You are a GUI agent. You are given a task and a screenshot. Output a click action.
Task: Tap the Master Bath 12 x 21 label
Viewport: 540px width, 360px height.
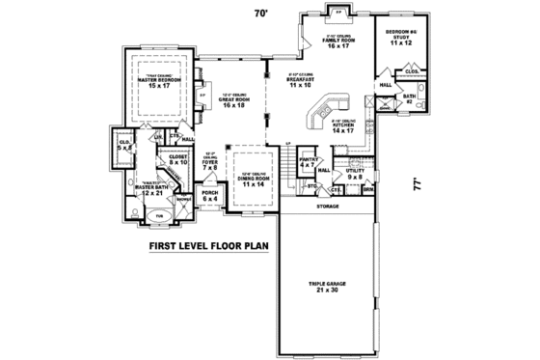[x=151, y=190]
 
